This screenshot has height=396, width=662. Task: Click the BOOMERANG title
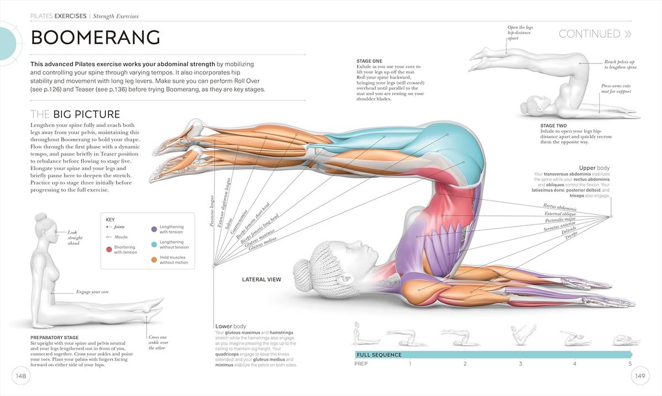click(x=95, y=38)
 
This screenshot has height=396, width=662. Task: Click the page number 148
click(x=21, y=376)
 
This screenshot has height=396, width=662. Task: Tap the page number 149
click(x=640, y=376)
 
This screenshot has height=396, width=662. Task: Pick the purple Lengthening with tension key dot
click(x=154, y=229)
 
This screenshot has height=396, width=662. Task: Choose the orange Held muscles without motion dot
click(x=154, y=259)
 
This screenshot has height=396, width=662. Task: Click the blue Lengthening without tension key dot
click(x=154, y=244)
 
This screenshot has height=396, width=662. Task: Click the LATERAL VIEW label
click(x=261, y=279)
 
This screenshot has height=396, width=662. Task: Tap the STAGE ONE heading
click(x=369, y=61)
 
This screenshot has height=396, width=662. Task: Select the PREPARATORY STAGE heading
click(x=55, y=337)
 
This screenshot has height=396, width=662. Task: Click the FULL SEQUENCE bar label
click(x=379, y=355)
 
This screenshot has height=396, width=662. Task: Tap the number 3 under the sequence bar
click(x=520, y=364)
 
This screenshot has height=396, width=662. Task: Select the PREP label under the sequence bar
click(x=361, y=364)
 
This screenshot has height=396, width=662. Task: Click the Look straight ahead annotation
click(x=74, y=237)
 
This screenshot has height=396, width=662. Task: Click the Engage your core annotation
click(x=92, y=291)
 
